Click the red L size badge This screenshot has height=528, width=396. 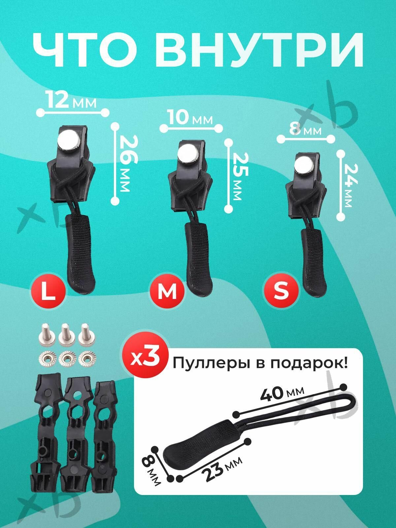tap(48, 291)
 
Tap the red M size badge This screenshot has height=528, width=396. tap(167, 291)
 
